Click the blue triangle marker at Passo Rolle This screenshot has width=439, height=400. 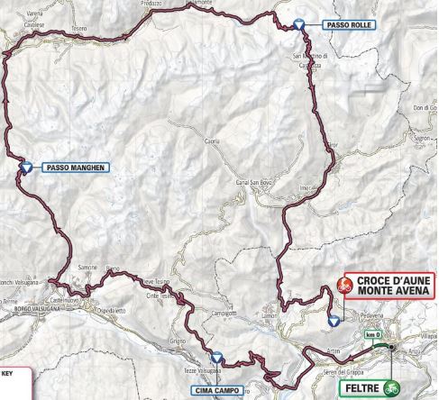pyautogui.click(x=299, y=25)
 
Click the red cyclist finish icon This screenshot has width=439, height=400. pyautogui.click(x=343, y=286)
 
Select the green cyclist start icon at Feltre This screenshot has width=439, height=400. pyautogui.click(x=392, y=389)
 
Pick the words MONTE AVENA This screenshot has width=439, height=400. pyautogui.click(x=389, y=292)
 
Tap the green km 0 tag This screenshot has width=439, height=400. pyautogui.click(x=374, y=335)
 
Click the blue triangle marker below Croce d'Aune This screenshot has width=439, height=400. pyautogui.click(x=334, y=320)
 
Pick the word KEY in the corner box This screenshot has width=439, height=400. pyautogui.click(x=7, y=370)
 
